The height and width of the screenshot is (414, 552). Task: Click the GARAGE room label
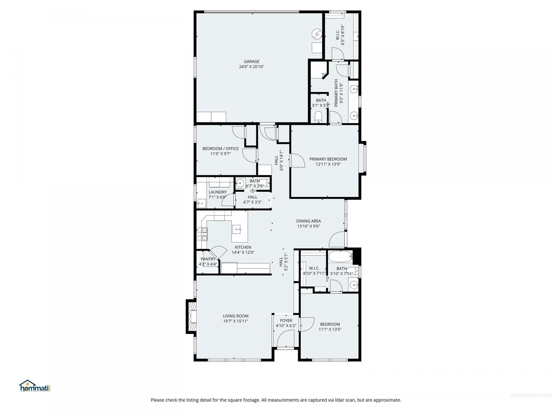tap(252, 62)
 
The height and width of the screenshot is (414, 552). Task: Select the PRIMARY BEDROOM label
tap(328, 159)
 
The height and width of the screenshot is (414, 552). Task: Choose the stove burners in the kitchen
tap(202, 234)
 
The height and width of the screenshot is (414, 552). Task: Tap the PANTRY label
tap(208, 259)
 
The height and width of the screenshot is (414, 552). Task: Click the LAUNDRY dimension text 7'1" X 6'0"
tap(218, 197)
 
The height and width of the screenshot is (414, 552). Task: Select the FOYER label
tap(286, 321)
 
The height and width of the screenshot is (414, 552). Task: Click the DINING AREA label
tap(308, 221)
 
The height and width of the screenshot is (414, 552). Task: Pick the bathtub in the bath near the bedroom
tap(340, 256)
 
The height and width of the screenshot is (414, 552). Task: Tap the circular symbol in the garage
tap(317, 34)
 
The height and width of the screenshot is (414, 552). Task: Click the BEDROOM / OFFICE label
tap(221, 149)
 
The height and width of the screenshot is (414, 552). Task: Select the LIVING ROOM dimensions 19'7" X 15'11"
tap(235, 321)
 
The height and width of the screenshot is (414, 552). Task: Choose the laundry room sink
tap(202, 203)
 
